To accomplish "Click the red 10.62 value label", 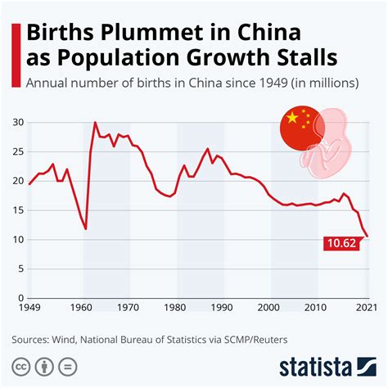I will point(341,243).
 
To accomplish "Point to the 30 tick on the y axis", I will point(17,123).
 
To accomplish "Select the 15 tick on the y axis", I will point(17,210).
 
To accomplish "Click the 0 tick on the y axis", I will point(20,298).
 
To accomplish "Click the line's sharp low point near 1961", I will point(86,229).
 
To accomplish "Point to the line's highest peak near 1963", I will point(96,123).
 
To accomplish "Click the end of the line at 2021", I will point(368,236).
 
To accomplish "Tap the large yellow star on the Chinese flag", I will point(290,119).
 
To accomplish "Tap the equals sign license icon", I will point(68,365).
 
